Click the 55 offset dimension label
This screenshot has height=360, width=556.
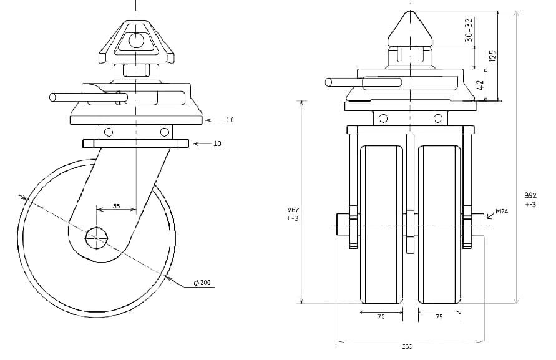tap(116, 206)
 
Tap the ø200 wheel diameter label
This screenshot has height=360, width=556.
tap(202, 283)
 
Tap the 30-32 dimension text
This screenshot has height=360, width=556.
tap(469, 29)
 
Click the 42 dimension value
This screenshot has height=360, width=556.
tap(480, 84)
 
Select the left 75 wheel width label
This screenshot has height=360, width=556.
tap(381, 317)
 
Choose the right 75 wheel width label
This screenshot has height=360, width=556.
tap(439, 317)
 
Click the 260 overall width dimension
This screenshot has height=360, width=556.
tap(406, 346)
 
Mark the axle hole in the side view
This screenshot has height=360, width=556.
tap(97, 237)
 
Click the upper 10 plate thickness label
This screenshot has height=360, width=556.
tap(230, 119)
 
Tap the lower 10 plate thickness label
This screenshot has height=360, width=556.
tap(217, 144)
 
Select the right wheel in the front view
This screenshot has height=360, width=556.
tap(440, 225)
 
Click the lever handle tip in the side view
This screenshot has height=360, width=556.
tap(53, 97)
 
